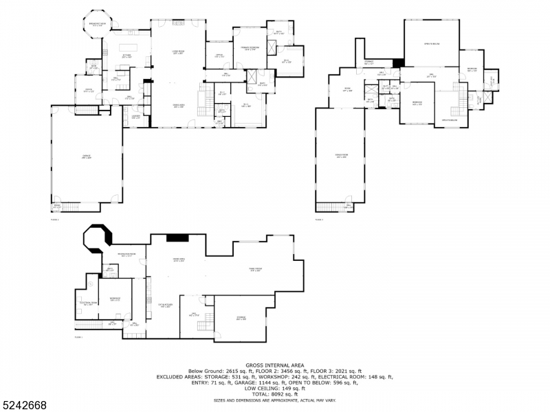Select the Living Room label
tap(177, 51)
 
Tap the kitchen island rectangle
tap(135, 47)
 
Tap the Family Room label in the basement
tap(256, 269)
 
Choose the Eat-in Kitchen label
tap(165, 306)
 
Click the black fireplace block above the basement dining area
tap(177, 238)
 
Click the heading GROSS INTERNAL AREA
tap(274, 365)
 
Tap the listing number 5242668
tap(24, 405)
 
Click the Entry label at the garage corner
tap(56, 206)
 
